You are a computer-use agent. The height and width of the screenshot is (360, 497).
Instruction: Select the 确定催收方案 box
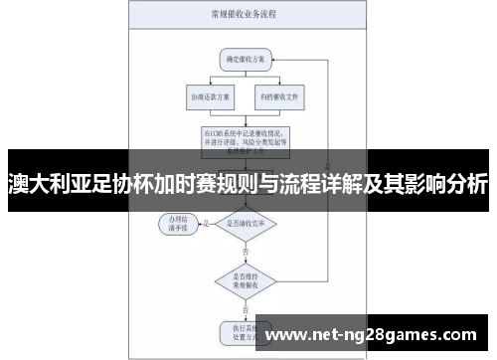(245, 60)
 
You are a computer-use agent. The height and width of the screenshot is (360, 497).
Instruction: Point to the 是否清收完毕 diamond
(245, 224)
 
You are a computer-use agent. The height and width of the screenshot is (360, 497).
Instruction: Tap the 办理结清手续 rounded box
(179, 224)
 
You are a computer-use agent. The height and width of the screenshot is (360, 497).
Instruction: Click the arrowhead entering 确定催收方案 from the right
(273, 60)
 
